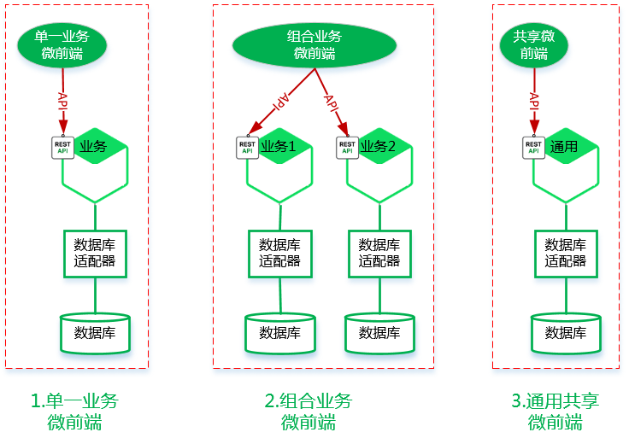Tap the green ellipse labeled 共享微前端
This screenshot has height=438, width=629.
[534, 44]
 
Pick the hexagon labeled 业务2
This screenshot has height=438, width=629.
[380, 166]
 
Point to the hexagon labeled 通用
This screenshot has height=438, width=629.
[566, 166]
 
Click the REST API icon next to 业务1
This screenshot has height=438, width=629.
[247, 146]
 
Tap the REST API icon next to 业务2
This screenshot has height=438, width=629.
[347, 146]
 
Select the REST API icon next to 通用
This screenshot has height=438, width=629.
[533, 146]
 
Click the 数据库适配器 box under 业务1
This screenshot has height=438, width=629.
[279, 253]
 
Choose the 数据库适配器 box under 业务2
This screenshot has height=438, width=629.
[379, 253]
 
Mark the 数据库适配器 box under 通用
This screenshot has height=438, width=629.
[565, 253]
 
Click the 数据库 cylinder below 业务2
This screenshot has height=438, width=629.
[379, 333]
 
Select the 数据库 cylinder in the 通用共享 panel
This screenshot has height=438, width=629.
[565, 333]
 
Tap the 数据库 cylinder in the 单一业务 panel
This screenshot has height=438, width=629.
[95, 333]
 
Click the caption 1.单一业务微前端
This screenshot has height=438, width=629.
[74, 412]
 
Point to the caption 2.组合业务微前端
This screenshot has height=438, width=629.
[308, 412]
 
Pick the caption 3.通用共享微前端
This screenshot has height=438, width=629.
[556, 412]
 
